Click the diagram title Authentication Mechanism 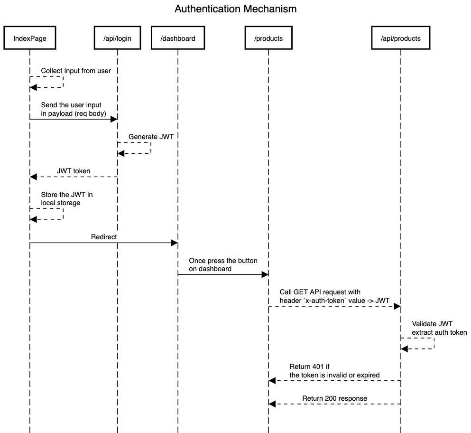[x=235, y=9]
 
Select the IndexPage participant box [x=30, y=38]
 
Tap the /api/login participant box [x=117, y=38]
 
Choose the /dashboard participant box [x=178, y=38]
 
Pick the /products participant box [x=268, y=38]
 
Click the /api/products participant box [x=401, y=38]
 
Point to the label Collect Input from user [x=76, y=71]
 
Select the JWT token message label [x=74, y=170]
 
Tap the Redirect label [x=104, y=236]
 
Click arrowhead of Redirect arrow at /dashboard [x=174, y=243]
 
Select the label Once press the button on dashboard [x=223, y=264]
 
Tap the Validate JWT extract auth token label [x=439, y=328]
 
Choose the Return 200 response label [x=334, y=398]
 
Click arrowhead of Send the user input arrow [x=113, y=119]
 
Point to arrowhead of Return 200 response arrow [x=272, y=404]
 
